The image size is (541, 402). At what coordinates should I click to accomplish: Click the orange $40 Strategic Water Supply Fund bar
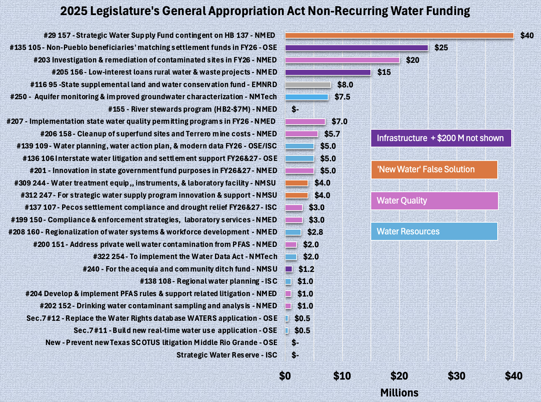click(399, 36)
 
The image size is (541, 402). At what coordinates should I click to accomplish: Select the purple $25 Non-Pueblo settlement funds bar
click(357, 48)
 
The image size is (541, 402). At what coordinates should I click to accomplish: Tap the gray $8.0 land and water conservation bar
click(308, 85)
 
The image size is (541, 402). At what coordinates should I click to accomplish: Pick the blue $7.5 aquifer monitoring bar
click(307, 97)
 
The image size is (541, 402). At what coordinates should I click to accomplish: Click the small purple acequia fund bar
click(289, 269)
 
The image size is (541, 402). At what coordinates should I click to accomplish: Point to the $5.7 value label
click(332, 134)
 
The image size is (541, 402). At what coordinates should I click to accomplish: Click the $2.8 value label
click(315, 232)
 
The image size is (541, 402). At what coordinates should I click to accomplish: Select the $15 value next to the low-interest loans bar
click(384, 72)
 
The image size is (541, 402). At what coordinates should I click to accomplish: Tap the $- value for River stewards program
click(295, 110)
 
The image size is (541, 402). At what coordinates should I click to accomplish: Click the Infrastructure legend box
click(441, 138)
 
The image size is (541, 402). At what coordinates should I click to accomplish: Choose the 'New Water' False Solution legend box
click(434, 170)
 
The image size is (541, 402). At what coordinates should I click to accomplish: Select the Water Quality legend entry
click(434, 201)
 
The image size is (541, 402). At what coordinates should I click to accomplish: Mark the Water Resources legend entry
click(434, 231)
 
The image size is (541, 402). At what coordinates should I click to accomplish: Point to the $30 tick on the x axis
click(456, 376)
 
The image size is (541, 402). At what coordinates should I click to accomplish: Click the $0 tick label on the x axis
click(285, 376)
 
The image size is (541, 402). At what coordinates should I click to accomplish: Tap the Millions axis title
click(399, 393)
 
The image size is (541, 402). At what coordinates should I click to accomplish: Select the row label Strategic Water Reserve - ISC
click(227, 355)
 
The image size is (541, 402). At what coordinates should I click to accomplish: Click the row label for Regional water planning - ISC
click(208, 281)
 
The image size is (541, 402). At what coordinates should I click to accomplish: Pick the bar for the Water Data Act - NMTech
click(291, 257)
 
